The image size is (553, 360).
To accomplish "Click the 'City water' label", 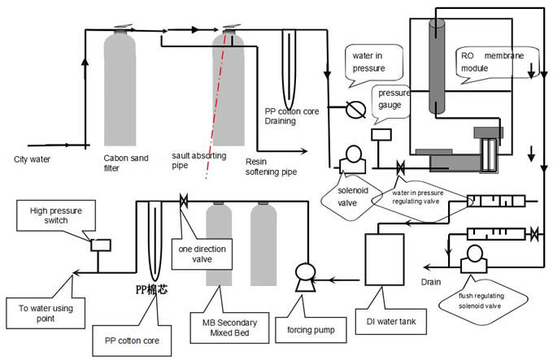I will pos(33,158).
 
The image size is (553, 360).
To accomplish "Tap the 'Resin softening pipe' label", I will pos(272,167).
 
